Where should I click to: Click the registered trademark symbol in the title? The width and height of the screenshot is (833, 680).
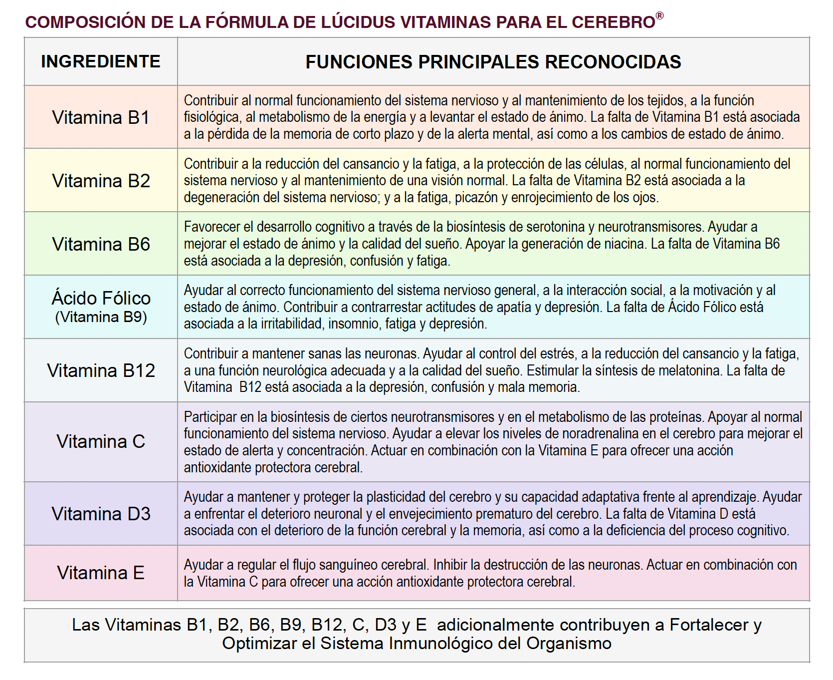[x=659, y=16]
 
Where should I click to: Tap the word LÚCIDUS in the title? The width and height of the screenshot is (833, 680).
[x=358, y=22]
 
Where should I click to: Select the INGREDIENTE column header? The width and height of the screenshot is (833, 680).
[x=101, y=61]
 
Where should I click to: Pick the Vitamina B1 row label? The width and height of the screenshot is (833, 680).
[x=101, y=117]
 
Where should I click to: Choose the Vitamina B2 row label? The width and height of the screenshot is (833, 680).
[x=101, y=181]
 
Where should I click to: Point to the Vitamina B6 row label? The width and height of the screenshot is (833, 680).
[x=101, y=244]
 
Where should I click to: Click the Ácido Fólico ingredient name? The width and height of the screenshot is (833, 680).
[x=101, y=298]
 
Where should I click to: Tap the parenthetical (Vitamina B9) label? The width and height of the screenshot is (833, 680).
[x=101, y=317]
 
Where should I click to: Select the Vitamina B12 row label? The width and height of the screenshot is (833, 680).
[x=101, y=370]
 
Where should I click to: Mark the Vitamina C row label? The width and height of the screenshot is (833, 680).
[x=101, y=441]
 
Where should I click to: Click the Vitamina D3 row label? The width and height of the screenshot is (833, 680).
[x=101, y=514]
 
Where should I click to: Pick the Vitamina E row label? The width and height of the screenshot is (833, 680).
[x=101, y=573]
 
